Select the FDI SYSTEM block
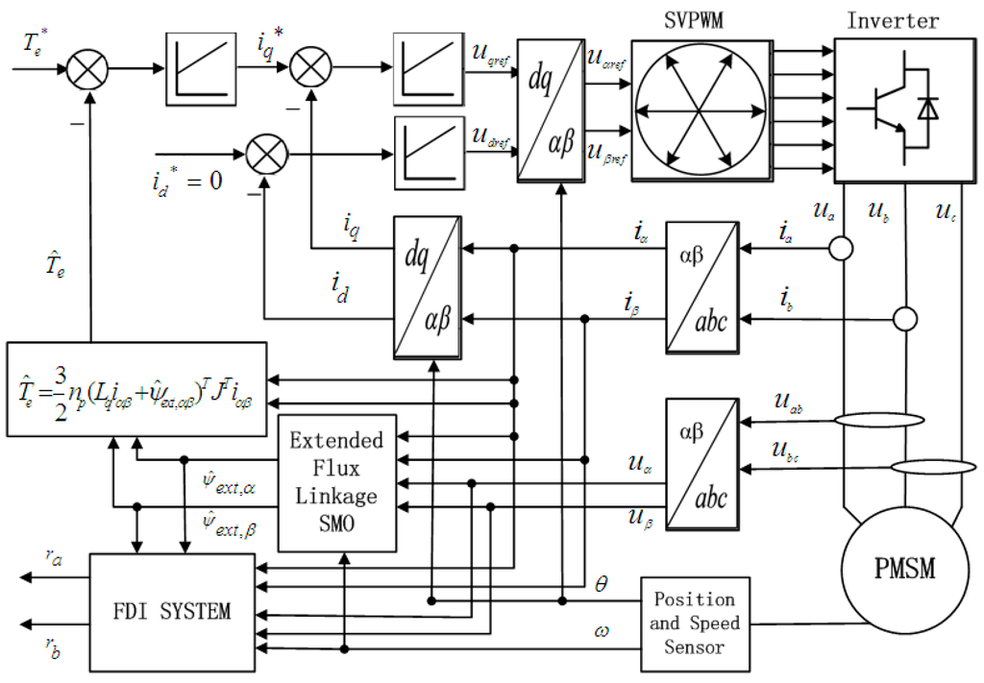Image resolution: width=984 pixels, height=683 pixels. point(169,610)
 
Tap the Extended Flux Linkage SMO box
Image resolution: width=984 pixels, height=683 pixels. point(336,483)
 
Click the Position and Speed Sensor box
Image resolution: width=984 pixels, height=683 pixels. point(695,622)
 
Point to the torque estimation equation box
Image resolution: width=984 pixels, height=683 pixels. point(135,382)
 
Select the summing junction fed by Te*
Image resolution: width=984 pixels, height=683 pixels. point(86,69)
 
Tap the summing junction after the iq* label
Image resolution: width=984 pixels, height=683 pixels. point(309,69)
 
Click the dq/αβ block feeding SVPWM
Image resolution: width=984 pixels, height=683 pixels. point(550,110)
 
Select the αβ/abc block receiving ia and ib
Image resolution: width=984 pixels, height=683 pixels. point(702,286)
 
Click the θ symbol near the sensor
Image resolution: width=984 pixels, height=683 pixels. point(602,583)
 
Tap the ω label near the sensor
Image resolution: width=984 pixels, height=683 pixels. point(602,630)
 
